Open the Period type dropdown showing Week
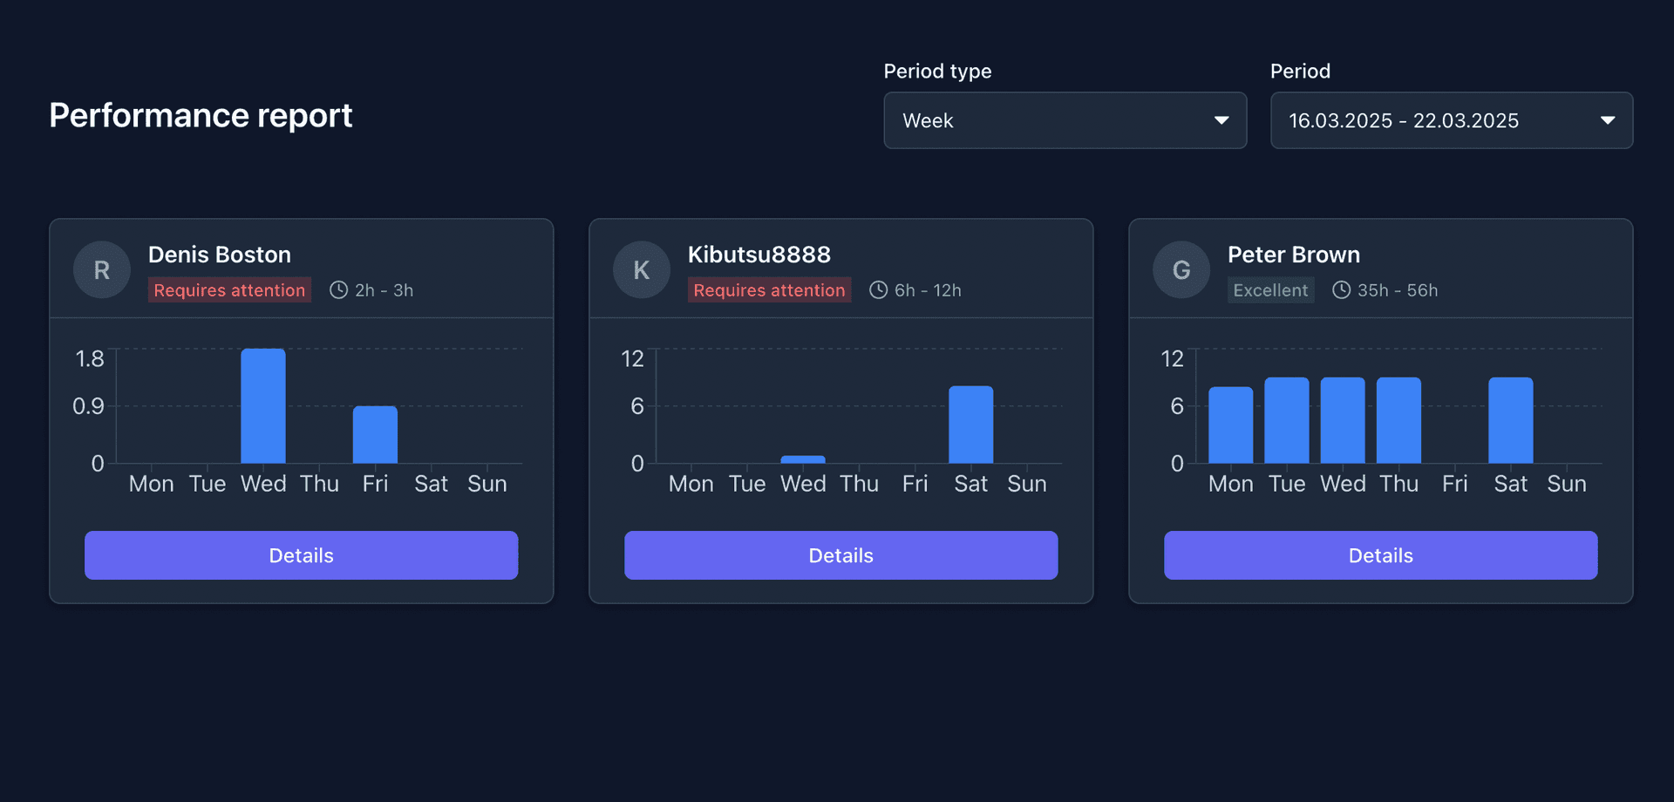[1065, 120]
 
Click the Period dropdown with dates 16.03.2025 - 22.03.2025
[1451, 120]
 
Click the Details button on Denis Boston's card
[301, 555]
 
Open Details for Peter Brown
[1380, 555]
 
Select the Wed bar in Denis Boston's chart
[263, 406]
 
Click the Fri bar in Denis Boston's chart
[375, 434]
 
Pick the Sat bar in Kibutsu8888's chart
[970, 425]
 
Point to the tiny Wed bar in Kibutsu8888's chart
[803, 459]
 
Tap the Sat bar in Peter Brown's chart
[1510, 420]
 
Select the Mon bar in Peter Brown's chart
[1230, 425]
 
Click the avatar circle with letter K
[642, 270]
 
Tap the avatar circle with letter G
[1181, 270]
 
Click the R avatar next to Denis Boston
[102, 270]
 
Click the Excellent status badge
[1270, 290]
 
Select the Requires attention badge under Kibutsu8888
[769, 290]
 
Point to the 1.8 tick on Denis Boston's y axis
[90, 358]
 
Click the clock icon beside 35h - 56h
[1341, 290]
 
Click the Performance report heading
[201, 115]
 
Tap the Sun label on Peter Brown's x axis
[1566, 484]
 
